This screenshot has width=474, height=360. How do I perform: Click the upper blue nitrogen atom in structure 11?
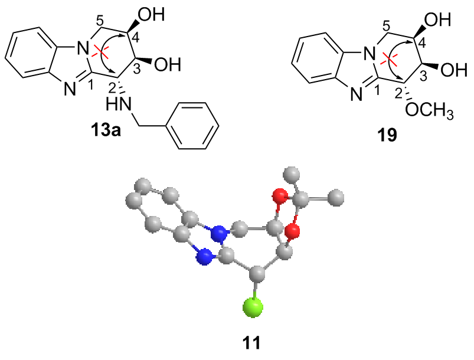point(220,235)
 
